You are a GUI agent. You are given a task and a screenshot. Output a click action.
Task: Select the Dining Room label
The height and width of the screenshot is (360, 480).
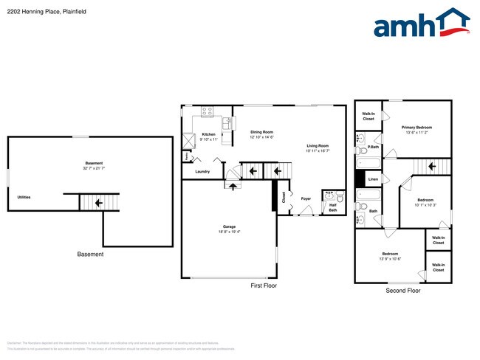tap(261, 132)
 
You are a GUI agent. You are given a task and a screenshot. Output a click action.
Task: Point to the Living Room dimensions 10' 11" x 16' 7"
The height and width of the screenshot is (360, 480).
tap(318, 150)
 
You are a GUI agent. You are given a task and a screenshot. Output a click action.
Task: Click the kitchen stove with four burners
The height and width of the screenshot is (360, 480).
tap(208, 113)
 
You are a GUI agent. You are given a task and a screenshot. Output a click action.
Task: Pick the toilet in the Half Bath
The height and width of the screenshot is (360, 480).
tap(339, 198)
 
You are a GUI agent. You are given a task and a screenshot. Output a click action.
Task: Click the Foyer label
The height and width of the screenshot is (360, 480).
tap(306, 198)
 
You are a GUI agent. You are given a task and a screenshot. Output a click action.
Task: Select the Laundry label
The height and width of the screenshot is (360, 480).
tap(202, 172)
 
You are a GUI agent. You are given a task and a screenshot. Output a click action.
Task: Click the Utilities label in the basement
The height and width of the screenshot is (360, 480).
tap(24, 197)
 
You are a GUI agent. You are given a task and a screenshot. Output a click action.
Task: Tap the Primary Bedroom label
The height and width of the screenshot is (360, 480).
tap(418, 128)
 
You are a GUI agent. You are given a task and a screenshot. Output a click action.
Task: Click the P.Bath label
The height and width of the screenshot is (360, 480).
tap(374, 147)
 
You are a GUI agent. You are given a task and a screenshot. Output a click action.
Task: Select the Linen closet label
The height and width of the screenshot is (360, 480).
tap(374, 179)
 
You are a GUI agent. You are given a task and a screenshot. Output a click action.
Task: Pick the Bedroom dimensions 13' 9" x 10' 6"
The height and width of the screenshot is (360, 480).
tap(390, 259)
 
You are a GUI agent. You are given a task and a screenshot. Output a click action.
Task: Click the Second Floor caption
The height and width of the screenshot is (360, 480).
tap(403, 291)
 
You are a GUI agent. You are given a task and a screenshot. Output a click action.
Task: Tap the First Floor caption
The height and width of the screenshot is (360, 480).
tap(264, 285)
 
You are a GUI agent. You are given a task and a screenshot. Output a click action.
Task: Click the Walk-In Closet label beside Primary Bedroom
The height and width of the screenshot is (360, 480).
tap(368, 116)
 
